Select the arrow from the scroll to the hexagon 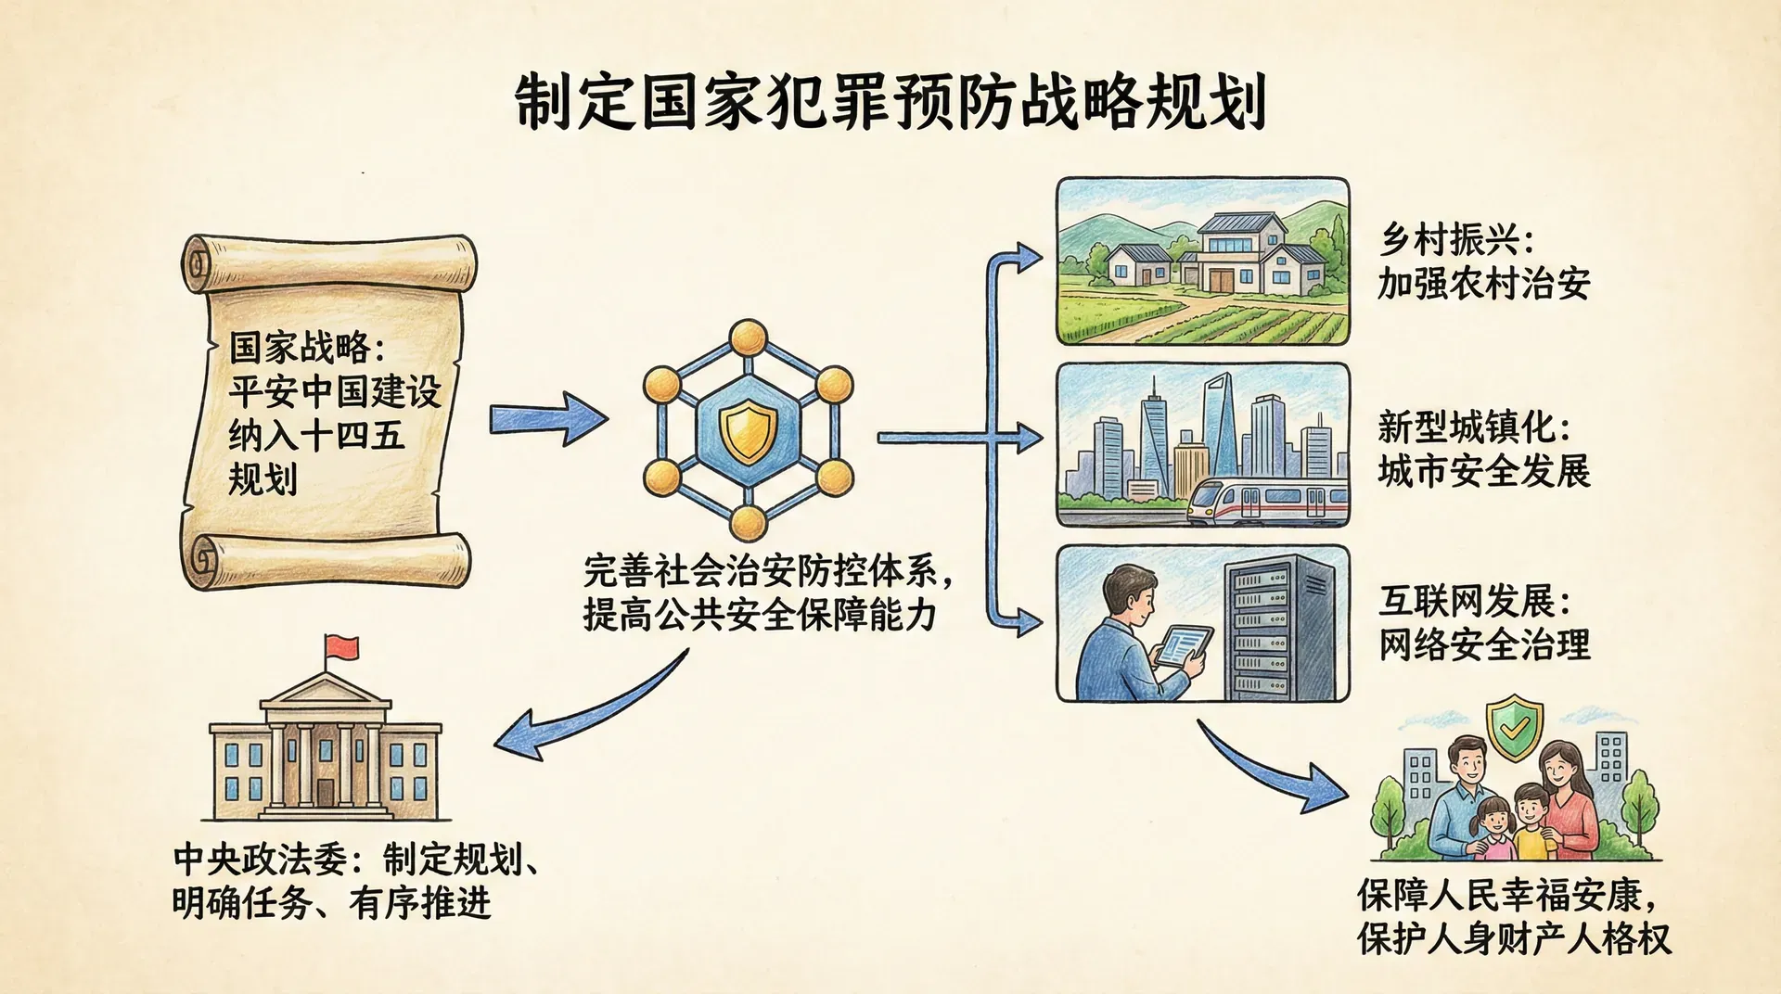(547, 418)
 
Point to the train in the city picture (1267, 502)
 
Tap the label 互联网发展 (1466, 601)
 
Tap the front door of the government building (325, 794)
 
